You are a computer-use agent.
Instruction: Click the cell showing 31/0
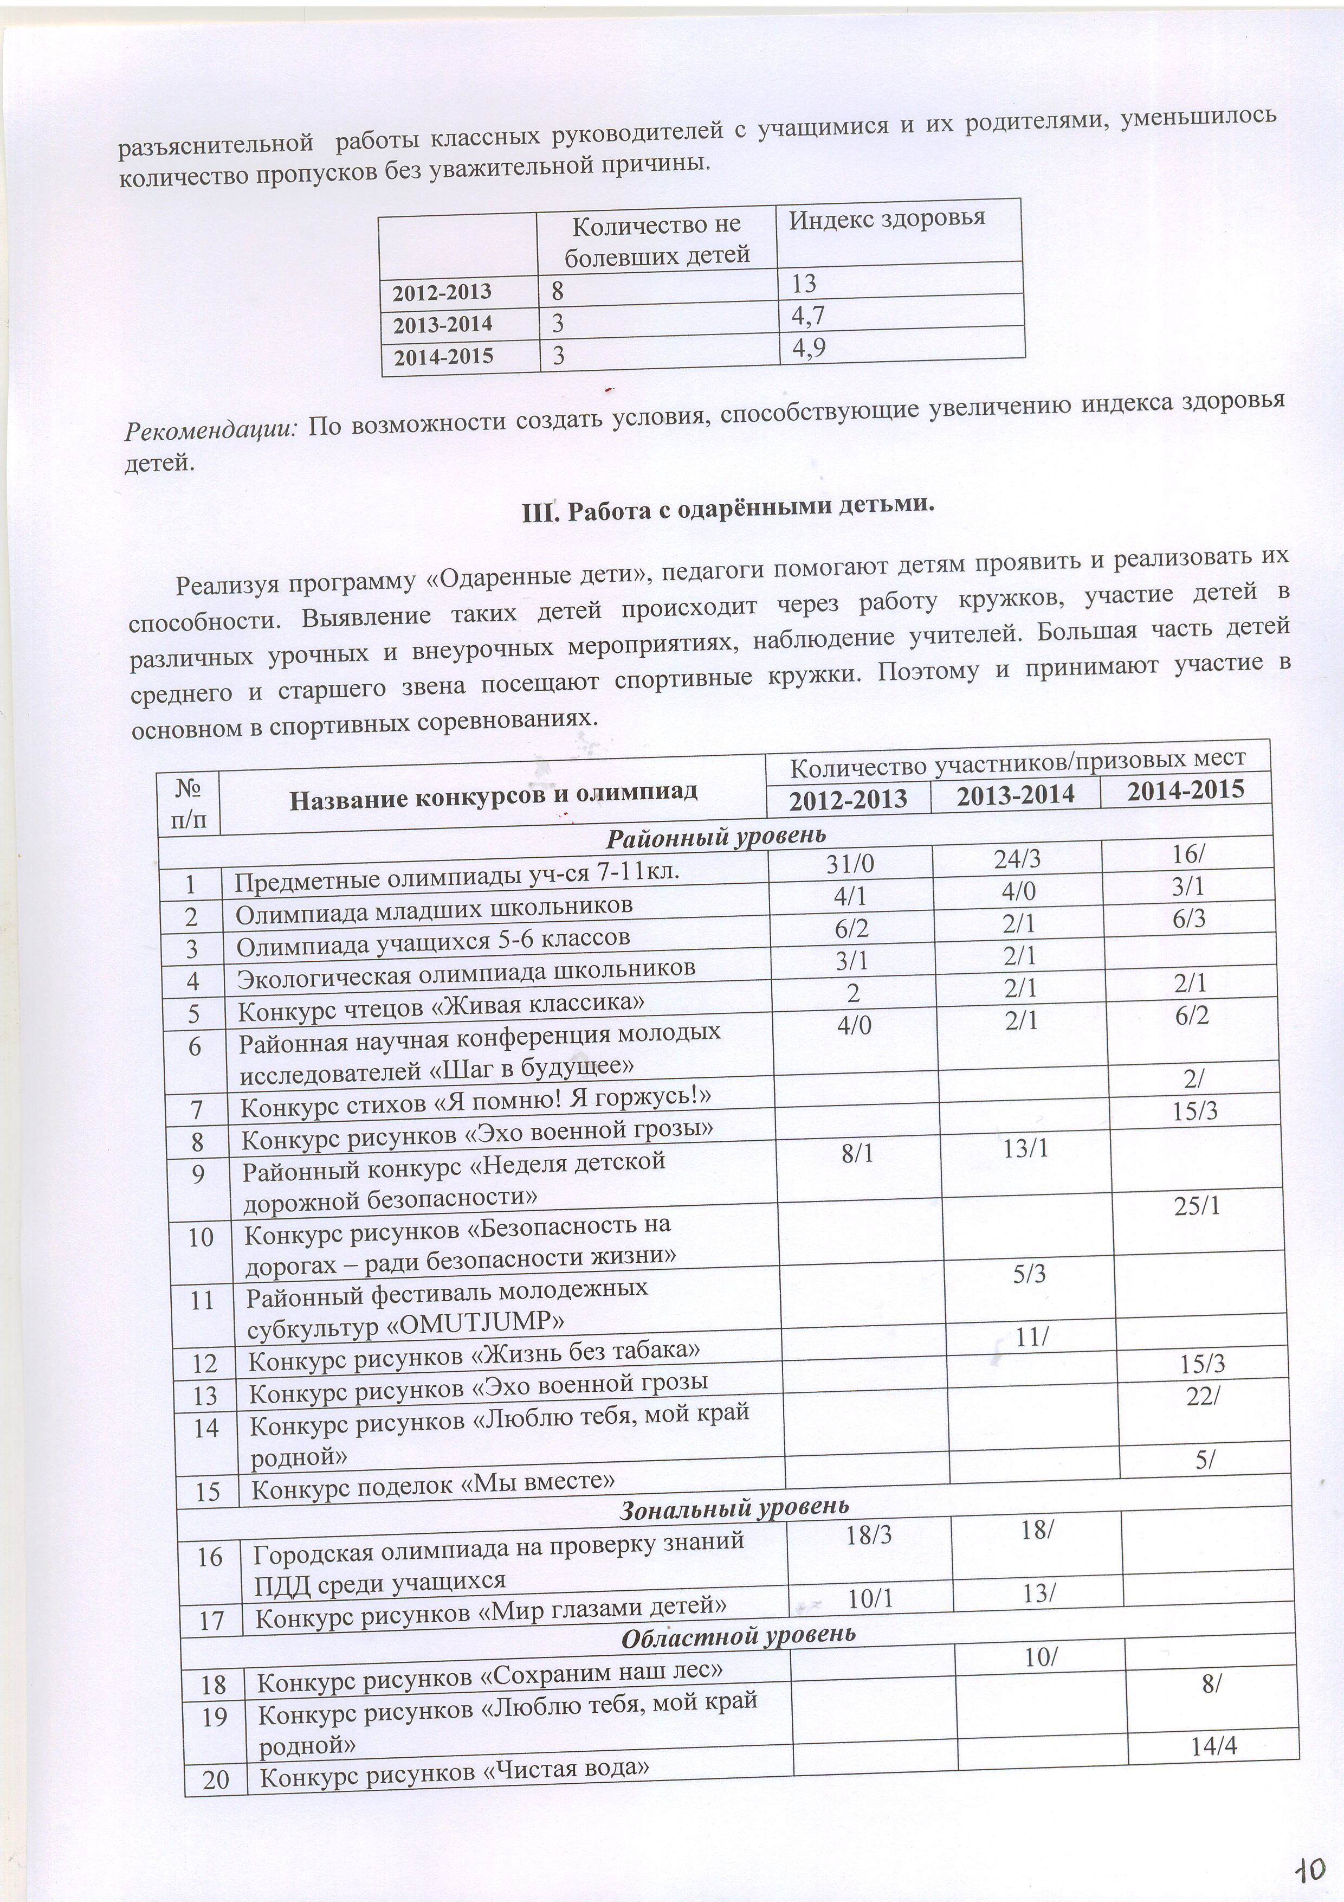coord(850,864)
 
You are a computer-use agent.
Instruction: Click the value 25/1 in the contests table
coord(1197,1206)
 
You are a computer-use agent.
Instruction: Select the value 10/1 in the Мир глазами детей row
coord(870,1598)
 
